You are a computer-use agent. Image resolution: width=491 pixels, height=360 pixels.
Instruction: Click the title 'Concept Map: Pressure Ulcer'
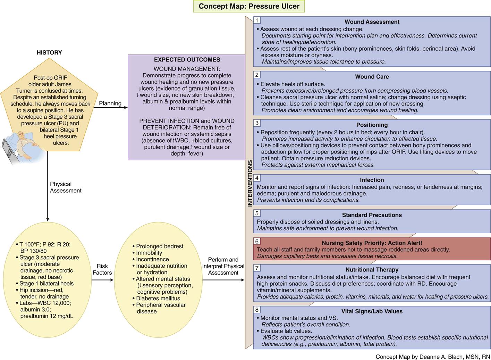pos(249,7)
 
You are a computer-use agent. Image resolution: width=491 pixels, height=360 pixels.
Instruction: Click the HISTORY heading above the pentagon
pos(49,52)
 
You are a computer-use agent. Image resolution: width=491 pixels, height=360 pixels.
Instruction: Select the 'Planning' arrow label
pos(110,103)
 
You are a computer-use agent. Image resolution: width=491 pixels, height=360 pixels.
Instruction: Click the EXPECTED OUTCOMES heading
pos(187,60)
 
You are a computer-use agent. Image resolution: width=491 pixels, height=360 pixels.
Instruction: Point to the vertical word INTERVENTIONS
pos(250,183)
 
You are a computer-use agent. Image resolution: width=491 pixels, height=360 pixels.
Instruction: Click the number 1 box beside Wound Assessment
pos(257,20)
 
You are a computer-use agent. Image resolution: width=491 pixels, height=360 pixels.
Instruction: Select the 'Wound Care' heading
pos(372,77)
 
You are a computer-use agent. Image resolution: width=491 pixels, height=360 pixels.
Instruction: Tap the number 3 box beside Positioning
pos(257,123)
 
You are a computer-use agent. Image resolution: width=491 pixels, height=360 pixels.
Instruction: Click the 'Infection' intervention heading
pos(372,180)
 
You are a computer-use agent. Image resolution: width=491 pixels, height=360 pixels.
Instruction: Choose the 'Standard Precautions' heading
pos(372,215)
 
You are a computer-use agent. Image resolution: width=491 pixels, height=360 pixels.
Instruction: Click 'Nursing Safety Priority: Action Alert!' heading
pos(372,243)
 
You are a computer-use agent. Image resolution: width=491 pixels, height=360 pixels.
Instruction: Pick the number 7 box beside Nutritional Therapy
pos(257,268)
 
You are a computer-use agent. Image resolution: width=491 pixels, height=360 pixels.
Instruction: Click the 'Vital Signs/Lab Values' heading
pos(372,311)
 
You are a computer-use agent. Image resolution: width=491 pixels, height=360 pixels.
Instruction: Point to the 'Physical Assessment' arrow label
pos(66,187)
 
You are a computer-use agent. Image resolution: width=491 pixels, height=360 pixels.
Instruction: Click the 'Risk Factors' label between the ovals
pos(102,269)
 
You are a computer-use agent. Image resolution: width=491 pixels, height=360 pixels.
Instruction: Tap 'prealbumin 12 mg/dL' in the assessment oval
pos(46,316)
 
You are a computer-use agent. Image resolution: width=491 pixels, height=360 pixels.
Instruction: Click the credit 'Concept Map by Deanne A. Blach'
pos(433,357)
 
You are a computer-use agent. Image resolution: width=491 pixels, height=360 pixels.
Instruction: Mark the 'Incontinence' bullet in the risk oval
pos(152,259)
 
